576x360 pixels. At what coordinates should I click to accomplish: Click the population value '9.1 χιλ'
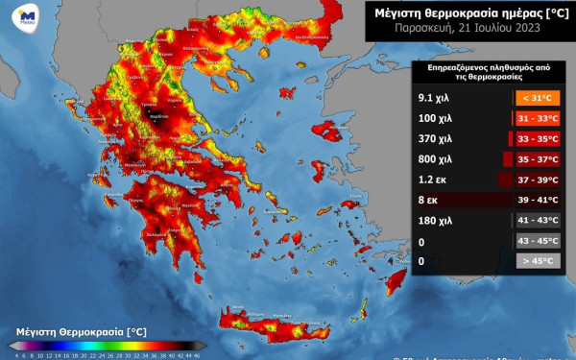click(434, 98)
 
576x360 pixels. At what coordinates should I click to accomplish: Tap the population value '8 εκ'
click(428, 200)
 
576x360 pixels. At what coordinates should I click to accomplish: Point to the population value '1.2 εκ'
click(431, 180)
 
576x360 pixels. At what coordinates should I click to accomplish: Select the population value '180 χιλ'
click(434, 220)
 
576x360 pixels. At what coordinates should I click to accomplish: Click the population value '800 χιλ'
click(434, 158)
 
